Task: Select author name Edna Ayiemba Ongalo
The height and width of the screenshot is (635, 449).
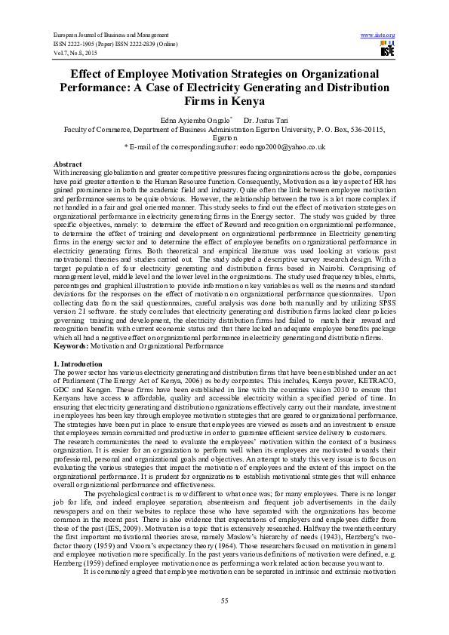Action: [189, 121]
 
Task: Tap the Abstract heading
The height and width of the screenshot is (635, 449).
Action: [67, 164]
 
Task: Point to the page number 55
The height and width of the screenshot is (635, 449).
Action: [224, 600]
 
